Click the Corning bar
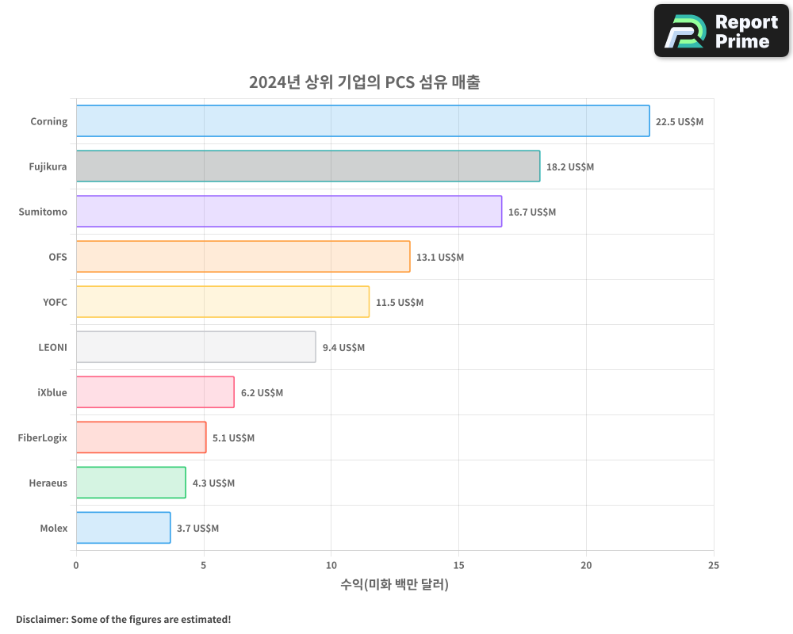tap(362, 121)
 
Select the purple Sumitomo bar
tap(289, 212)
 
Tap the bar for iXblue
tap(155, 392)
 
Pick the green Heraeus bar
tap(131, 483)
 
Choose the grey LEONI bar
tap(196, 347)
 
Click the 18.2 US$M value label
tap(570, 167)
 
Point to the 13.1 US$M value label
tap(440, 258)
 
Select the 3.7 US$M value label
tap(197, 529)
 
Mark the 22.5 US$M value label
tap(680, 122)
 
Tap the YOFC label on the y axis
tap(55, 302)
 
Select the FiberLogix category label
tap(43, 437)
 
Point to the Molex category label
tap(53, 528)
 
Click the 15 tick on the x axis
tap(458, 565)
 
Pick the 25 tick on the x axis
tap(713, 565)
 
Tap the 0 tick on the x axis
tap(76, 565)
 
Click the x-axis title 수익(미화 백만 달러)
tap(394, 585)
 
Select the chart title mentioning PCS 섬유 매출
tap(364, 82)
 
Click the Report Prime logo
tap(721, 30)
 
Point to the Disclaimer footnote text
tap(123, 619)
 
